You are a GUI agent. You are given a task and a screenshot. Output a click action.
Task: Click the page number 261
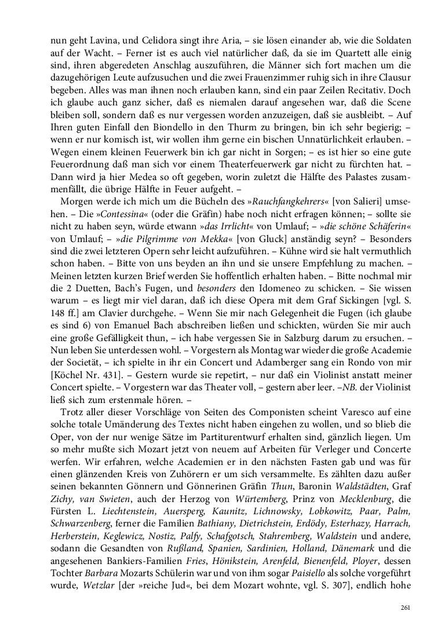(405, 607)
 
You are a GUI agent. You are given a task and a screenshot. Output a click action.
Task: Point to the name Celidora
(153, 41)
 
